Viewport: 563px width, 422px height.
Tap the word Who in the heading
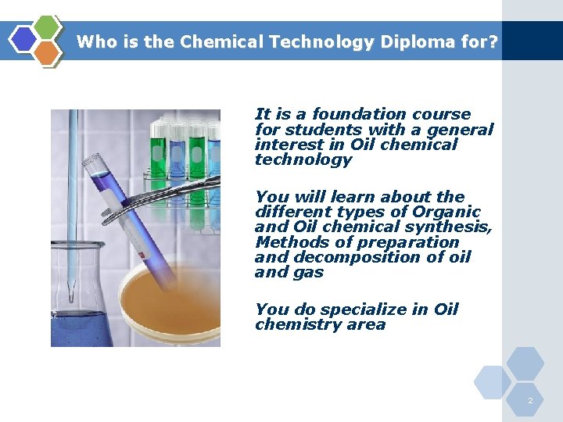click(x=95, y=42)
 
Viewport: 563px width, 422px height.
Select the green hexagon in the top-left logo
click(x=48, y=27)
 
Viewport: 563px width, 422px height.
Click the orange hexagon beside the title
click(x=47, y=52)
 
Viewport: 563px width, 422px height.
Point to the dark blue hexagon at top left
click(x=25, y=40)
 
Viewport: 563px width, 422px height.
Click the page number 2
click(x=530, y=401)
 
